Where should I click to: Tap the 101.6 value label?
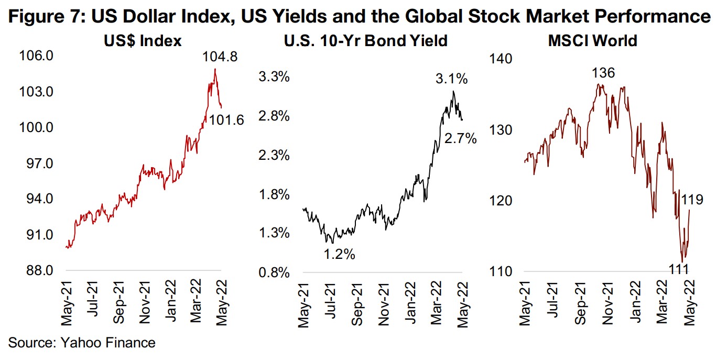coord(226,121)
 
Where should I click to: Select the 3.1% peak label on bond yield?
coord(451,80)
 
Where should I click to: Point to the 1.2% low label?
coord(339,255)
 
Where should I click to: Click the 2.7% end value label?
coord(460,139)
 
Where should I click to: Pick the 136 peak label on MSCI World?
coord(603,73)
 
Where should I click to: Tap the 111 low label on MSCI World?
coord(682,269)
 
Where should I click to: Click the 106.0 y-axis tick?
coord(37,56)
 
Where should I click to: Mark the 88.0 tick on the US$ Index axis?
coord(37,271)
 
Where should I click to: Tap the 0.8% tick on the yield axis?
coord(275,272)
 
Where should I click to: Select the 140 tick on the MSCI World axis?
coord(500,58)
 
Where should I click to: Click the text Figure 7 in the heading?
coord(40,17)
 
